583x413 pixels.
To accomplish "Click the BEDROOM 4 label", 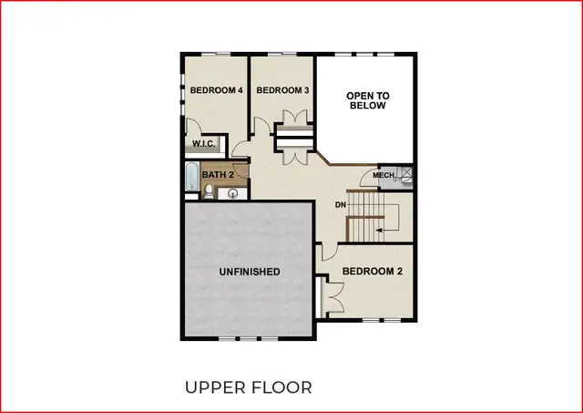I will click(216, 90).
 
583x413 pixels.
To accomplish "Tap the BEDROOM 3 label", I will click(282, 90).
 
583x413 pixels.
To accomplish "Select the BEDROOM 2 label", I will click(373, 272).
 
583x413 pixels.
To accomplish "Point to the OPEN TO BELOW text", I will click(367, 100).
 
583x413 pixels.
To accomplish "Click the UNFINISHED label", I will click(249, 272).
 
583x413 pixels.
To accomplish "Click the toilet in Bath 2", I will click(209, 191).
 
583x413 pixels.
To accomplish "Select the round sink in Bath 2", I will click(231, 193).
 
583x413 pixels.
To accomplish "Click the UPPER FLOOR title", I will click(249, 387).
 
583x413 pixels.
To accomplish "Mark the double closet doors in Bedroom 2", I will click(332, 296).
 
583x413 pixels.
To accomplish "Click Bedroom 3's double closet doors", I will click(294, 122).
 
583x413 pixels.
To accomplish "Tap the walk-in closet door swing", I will click(193, 128).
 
